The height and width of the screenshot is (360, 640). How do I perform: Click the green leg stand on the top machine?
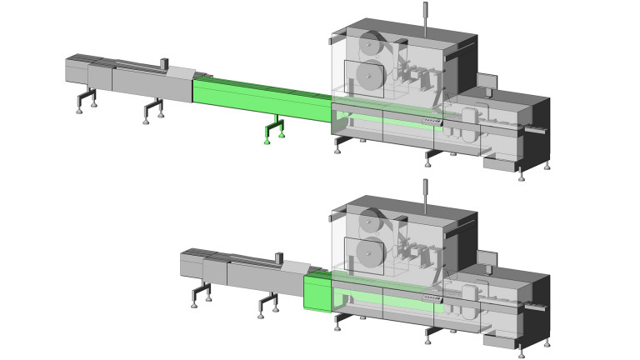tap(272, 129)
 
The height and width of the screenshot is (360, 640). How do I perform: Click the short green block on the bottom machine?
tap(317, 291)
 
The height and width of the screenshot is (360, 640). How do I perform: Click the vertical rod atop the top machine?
tap(425, 18)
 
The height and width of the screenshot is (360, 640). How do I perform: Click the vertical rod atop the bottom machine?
tap(425, 195)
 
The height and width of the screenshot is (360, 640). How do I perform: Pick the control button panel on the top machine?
tap(431, 122)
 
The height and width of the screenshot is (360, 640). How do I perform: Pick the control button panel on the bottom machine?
tap(431, 299)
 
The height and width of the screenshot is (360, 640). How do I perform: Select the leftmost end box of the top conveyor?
tap(77, 69)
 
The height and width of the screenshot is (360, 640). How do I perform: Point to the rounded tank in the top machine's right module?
tap(471, 120)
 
